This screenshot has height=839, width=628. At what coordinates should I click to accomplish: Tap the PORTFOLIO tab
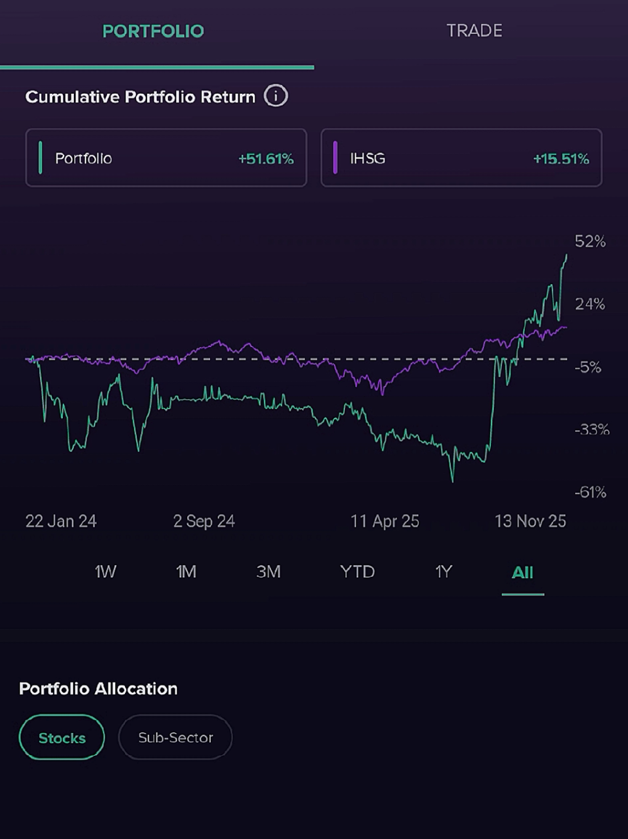tap(153, 31)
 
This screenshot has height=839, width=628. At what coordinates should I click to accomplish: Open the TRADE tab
tap(474, 31)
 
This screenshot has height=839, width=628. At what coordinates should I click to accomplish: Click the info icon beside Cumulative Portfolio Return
tap(276, 96)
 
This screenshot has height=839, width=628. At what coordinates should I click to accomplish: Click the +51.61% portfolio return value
tap(266, 158)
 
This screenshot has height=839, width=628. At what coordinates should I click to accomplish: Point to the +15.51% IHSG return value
tap(561, 158)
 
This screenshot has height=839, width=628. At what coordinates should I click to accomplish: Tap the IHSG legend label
tap(368, 158)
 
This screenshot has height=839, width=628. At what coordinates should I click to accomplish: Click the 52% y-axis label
tap(590, 241)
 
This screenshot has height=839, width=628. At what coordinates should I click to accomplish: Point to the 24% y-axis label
tap(590, 304)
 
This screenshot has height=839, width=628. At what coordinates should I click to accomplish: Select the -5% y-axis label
tap(587, 367)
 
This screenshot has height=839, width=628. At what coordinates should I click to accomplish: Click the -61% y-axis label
tap(590, 492)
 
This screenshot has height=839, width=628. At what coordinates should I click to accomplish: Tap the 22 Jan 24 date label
tap(61, 522)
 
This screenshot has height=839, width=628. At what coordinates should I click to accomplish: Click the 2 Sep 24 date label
tap(204, 522)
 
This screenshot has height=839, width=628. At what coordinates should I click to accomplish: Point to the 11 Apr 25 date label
tap(385, 522)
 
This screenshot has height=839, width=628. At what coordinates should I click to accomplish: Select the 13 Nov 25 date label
tap(530, 522)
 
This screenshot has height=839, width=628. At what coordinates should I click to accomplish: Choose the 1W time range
tap(105, 572)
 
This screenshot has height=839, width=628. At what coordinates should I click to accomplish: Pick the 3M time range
tap(268, 572)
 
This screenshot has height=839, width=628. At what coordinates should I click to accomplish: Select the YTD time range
tap(357, 572)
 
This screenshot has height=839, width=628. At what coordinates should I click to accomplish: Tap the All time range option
tap(522, 573)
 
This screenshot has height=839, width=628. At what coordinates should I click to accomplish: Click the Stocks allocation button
tap(62, 737)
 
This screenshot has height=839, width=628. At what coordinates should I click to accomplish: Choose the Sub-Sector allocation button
tap(175, 737)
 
